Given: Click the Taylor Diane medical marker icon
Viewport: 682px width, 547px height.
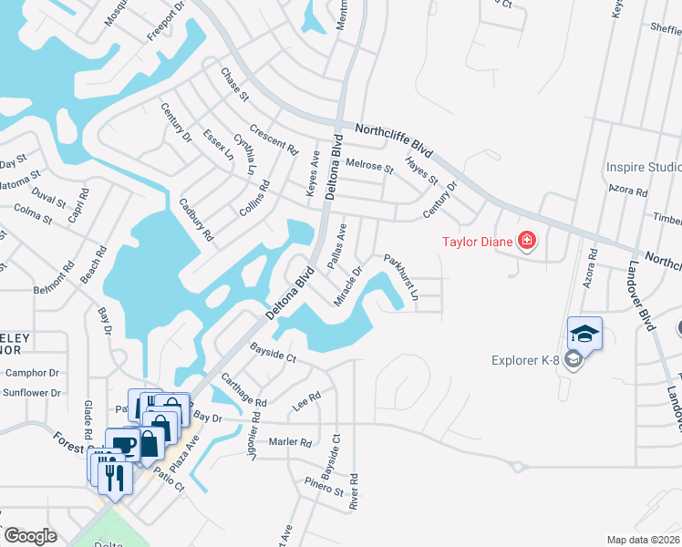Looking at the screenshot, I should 526,242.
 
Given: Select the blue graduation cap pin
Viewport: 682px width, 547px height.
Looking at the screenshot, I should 584,333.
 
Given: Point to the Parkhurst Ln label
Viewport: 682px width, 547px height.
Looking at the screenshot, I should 401,277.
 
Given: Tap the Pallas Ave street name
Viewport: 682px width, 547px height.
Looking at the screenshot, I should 337,244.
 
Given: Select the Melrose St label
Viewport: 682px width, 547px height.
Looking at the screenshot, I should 369,168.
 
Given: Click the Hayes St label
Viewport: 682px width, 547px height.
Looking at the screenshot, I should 421,170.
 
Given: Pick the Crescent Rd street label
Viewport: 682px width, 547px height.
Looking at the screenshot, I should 274,138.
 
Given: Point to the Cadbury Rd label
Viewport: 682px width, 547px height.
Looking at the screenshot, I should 196,220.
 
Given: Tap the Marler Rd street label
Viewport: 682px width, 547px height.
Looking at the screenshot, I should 290,442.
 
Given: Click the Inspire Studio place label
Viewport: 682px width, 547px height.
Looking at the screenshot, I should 644,168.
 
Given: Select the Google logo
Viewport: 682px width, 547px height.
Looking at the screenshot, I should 29,536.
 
